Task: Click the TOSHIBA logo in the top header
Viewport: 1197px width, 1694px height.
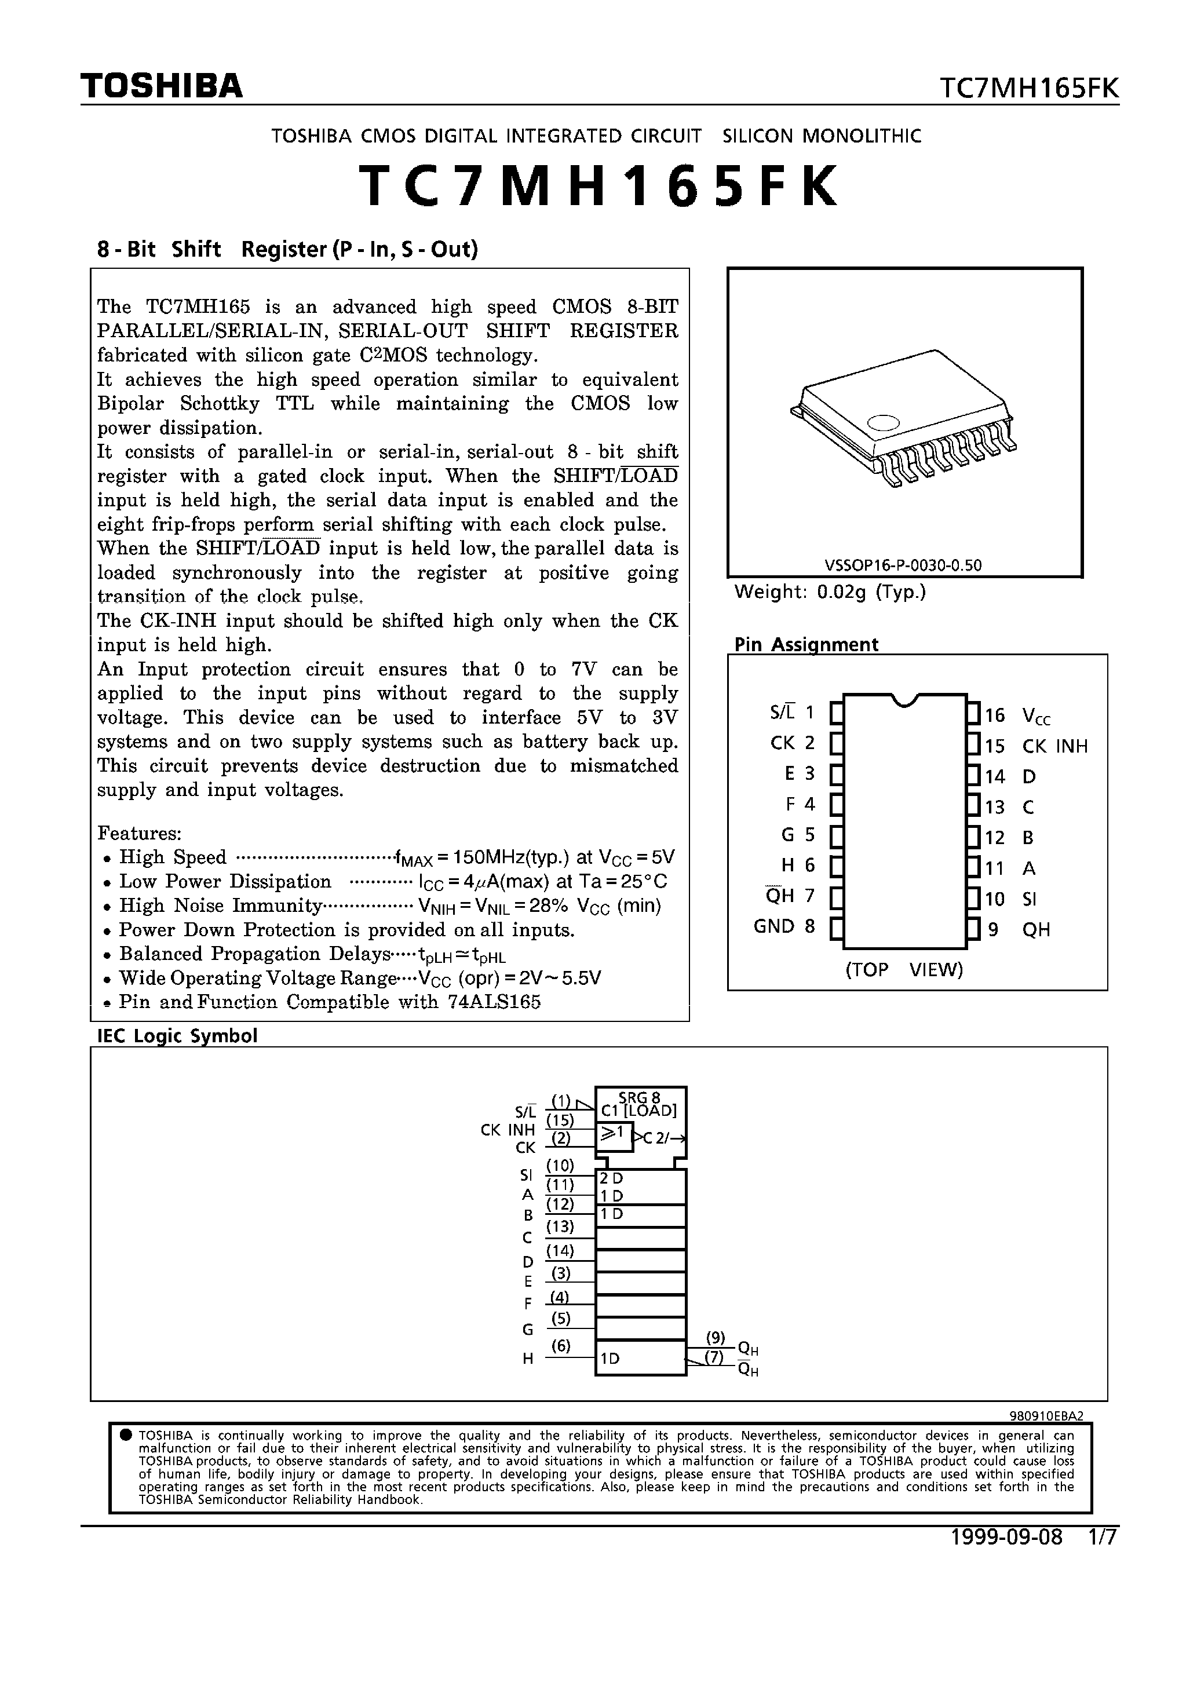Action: pos(162,86)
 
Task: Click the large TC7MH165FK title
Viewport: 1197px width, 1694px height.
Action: pos(598,187)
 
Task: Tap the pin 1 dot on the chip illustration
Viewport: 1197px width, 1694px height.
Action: pos(884,423)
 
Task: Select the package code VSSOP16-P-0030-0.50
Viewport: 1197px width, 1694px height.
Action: pos(903,565)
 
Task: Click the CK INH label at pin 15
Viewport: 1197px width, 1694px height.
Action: pos(1054,746)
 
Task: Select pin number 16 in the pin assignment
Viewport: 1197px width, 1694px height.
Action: pos(995,715)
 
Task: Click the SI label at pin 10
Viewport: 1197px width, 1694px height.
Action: pos(1030,899)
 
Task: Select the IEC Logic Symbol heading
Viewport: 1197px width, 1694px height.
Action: pos(177,1036)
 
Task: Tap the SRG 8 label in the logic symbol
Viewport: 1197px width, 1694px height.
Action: pos(639,1098)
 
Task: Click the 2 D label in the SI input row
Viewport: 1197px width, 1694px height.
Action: pos(612,1179)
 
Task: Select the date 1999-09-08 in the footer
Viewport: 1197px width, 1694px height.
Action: pos(1006,1538)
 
